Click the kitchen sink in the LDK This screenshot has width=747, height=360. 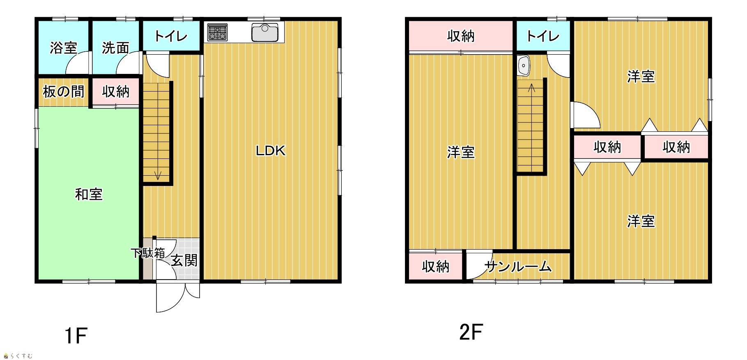265,32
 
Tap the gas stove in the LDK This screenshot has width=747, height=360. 217,32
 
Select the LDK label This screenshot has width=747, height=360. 271,151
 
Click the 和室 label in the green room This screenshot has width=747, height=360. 89,194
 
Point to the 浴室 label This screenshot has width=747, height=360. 64,48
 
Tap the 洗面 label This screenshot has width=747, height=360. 115,48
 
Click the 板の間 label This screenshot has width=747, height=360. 64,92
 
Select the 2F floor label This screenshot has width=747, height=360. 471,332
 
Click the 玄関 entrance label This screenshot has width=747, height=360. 184,260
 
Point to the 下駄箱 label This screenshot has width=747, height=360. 148,253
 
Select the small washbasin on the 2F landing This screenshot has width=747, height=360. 524,65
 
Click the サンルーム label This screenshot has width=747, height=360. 518,267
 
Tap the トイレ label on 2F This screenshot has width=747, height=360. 543,36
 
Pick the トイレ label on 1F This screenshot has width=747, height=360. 171,36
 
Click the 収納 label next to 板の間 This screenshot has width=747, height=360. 116,92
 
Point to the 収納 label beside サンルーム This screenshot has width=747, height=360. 436,267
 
